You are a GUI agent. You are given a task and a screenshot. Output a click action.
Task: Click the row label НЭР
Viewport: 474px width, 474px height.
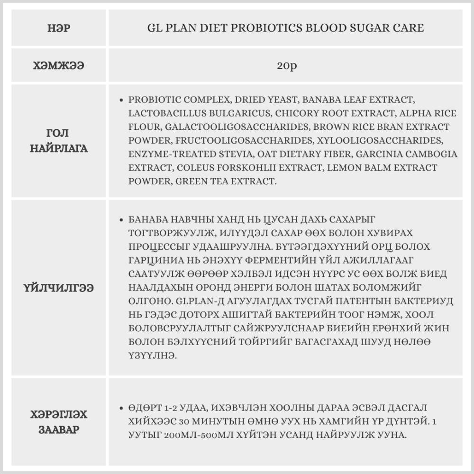59,28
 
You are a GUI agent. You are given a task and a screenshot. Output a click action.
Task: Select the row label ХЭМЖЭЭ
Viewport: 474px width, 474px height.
59,66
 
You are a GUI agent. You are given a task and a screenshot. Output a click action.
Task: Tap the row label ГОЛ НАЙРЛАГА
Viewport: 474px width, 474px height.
59,141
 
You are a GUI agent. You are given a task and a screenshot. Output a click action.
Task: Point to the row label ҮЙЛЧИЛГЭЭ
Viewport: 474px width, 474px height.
59,288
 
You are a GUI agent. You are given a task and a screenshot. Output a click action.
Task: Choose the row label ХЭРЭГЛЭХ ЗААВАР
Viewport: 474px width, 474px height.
59,422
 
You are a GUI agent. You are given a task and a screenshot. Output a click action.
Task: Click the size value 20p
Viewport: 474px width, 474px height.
286,66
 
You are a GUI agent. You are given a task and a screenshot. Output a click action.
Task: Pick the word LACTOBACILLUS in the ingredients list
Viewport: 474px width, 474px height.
165,114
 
